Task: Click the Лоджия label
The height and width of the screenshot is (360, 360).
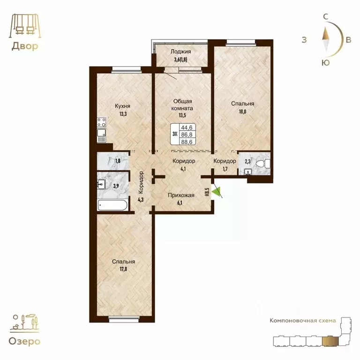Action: tap(180, 52)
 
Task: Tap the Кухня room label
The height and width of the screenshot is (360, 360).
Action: tap(122, 106)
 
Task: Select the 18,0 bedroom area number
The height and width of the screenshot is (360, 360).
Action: tap(242, 112)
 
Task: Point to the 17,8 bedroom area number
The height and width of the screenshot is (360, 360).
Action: tap(123, 269)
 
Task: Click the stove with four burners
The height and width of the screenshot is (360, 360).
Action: tap(101, 122)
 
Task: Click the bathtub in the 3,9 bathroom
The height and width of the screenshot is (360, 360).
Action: tap(112, 205)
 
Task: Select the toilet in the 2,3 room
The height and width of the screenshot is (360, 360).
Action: tap(263, 164)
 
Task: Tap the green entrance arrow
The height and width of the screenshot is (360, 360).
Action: tap(216, 191)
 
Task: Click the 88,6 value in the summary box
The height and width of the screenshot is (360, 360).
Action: tap(187, 142)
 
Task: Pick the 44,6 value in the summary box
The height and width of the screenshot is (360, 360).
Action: tap(187, 127)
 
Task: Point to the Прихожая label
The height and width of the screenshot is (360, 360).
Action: tap(181, 195)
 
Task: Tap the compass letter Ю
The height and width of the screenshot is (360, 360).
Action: tap(326, 62)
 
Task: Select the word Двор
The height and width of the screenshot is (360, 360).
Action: tap(25, 46)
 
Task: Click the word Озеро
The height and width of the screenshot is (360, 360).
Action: tap(24, 341)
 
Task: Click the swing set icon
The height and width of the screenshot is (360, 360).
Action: tap(25, 25)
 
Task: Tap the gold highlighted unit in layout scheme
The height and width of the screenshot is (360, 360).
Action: tap(330, 341)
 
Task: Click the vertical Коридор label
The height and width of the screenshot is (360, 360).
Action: tap(141, 182)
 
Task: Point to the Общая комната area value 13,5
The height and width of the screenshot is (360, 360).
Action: tap(182, 115)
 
